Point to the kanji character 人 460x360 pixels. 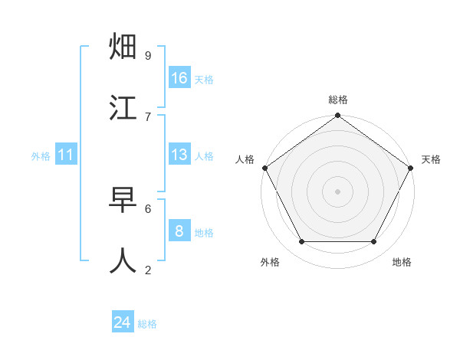(x=123, y=260)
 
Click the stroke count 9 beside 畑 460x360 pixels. (x=148, y=55)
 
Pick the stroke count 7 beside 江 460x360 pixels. (x=148, y=116)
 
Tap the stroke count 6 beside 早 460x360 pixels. (x=148, y=208)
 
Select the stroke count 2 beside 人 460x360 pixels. (x=148, y=269)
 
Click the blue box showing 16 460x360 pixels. (x=179, y=78)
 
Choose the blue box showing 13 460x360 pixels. (x=179, y=155)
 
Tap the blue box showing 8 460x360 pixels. (x=179, y=231)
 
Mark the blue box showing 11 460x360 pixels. (x=66, y=155)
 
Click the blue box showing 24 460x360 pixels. (x=123, y=322)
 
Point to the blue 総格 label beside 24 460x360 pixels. (x=147, y=323)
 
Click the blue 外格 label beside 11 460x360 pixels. (x=41, y=155)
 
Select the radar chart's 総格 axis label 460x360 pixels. (x=338, y=100)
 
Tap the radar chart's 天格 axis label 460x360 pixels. (x=432, y=159)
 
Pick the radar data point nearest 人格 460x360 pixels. (x=264, y=168)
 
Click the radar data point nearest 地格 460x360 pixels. (x=374, y=242)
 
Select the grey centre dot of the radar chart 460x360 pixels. (x=338, y=191)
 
